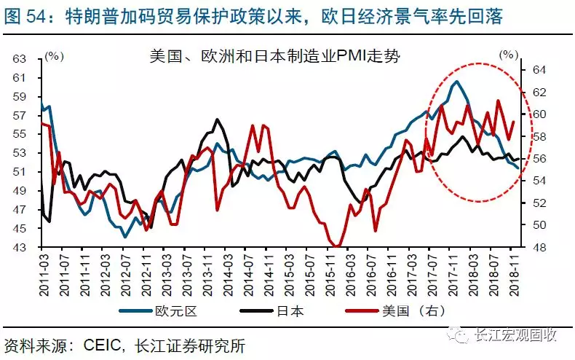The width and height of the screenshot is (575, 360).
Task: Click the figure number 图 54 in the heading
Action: (27, 14)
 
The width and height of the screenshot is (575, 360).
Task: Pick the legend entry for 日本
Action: (289, 311)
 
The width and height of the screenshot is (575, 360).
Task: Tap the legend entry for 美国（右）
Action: (417, 311)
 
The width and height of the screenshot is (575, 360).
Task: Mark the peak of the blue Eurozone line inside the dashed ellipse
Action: (456, 82)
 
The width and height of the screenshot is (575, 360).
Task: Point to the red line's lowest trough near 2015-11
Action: (337, 246)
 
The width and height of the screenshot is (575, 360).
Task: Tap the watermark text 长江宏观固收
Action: (515, 335)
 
